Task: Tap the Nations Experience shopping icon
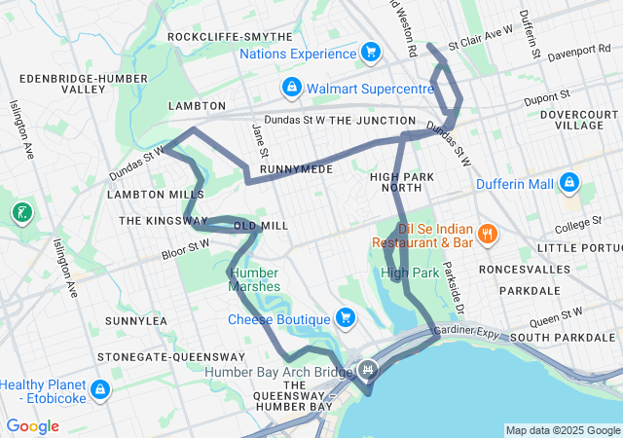pos(370,53)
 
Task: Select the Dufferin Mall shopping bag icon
pos(568,183)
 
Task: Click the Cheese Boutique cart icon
pos(345,318)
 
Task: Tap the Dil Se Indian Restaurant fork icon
pos(489,234)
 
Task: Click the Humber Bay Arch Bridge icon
pos(368,370)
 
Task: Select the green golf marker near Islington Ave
pos(21,212)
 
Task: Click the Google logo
pos(32,426)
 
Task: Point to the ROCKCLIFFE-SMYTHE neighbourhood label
pos(230,37)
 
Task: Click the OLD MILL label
pos(261,226)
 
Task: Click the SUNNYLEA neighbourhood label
pos(136,320)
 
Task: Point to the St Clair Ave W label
pos(480,38)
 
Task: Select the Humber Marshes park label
pos(254,279)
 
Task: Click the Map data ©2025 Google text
pos(562,430)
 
